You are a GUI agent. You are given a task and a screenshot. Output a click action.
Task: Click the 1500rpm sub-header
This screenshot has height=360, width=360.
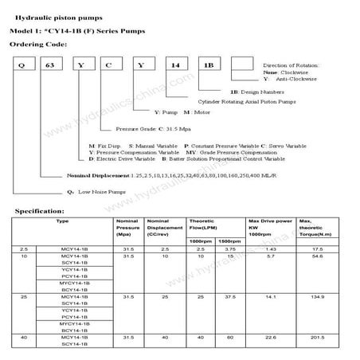[229, 241]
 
